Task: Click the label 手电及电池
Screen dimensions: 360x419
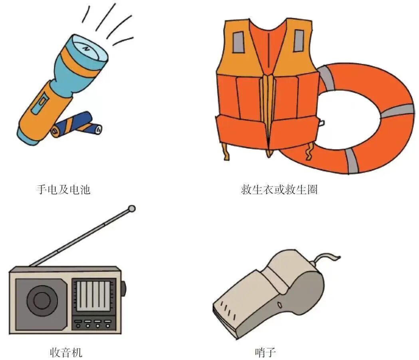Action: tap(63, 189)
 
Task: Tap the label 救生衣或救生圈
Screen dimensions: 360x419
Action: tap(279, 189)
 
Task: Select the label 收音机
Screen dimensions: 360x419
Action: tap(66, 352)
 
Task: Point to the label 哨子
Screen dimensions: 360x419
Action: tap(265, 352)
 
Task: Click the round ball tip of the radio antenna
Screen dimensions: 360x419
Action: tap(131, 208)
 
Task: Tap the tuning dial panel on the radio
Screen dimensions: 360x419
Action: tap(93, 296)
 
